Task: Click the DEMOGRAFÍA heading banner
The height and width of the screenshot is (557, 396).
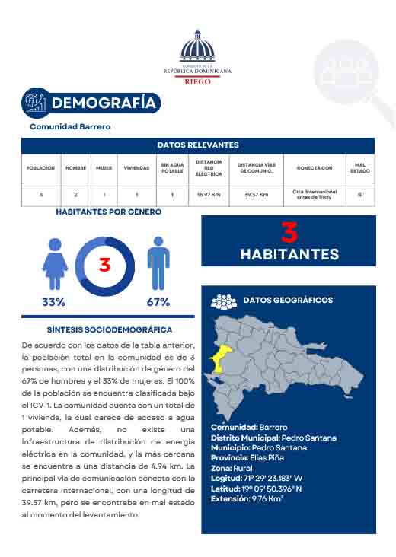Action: click(x=102, y=103)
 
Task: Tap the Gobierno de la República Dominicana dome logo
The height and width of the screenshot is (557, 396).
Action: click(x=198, y=49)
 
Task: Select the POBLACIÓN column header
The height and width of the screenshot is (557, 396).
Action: click(x=40, y=167)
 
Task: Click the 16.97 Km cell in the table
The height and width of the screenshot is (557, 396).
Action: click(x=209, y=195)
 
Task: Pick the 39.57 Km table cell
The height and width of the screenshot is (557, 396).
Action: click(x=256, y=195)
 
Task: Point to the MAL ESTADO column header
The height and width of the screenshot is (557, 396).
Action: click(x=360, y=167)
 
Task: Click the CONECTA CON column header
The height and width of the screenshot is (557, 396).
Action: click(x=314, y=167)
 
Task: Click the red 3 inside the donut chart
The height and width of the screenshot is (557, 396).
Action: click(x=105, y=266)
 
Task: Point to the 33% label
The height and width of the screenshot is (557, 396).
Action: click(x=53, y=302)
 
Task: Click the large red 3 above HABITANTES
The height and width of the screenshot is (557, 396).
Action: click(x=289, y=232)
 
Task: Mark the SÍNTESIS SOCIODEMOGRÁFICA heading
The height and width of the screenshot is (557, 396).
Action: click(x=109, y=330)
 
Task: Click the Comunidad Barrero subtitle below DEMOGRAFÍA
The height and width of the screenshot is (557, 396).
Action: click(x=70, y=126)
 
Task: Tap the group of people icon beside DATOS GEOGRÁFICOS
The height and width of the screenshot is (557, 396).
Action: click(x=224, y=301)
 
